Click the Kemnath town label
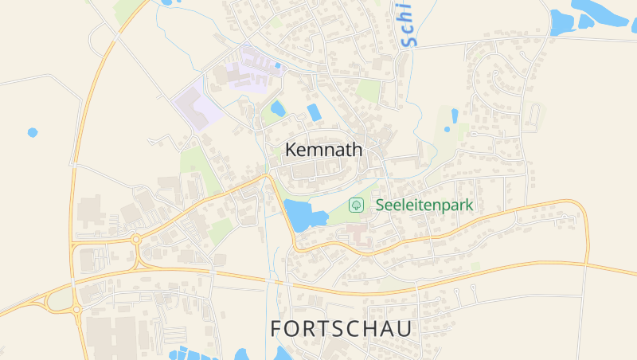(x=323, y=150)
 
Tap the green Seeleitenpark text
(x=424, y=205)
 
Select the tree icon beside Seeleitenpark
(x=356, y=205)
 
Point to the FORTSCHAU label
(x=342, y=328)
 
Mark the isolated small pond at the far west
(x=32, y=132)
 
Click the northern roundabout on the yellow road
(x=136, y=238)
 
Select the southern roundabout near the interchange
(x=76, y=309)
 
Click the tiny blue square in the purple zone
(x=277, y=65)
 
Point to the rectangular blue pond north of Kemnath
(x=315, y=112)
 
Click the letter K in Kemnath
(x=291, y=150)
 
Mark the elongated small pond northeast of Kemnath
(x=455, y=116)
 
